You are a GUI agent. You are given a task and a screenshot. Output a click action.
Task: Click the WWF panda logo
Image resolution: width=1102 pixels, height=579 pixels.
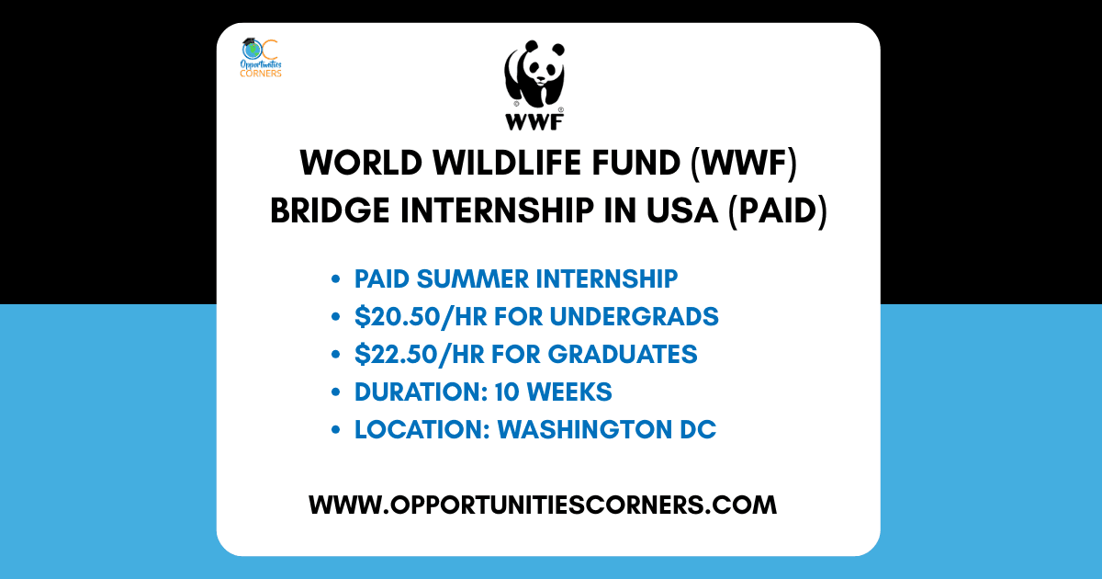click(534, 85)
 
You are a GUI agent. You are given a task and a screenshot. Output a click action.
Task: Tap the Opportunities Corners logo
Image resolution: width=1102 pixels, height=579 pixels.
click(261, 58)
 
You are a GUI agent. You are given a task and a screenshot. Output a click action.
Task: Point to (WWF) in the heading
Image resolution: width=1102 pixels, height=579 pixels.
click(743, 164)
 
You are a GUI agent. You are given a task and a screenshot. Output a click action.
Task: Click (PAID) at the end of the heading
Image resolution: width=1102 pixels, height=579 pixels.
click(778, 211)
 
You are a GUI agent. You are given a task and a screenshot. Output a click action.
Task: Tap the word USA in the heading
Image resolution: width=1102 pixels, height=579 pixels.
click(681, 210)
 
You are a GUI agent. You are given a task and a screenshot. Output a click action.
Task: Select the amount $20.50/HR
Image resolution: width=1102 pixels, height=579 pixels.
click(421, 316)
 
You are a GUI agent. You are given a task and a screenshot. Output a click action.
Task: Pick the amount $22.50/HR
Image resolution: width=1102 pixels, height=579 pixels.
click(420, 354)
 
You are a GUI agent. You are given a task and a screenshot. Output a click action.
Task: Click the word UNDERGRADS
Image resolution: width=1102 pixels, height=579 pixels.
click(635, 316)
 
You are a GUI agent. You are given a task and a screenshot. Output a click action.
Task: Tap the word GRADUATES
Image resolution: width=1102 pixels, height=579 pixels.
click(623, 354)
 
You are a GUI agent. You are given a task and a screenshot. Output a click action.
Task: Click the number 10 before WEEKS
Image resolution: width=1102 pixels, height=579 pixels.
click(507, 392)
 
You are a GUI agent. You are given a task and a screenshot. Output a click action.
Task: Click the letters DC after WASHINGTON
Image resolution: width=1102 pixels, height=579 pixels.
click(698, 429)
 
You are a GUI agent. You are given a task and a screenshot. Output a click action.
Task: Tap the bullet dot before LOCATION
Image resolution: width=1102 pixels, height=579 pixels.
click(336, 430)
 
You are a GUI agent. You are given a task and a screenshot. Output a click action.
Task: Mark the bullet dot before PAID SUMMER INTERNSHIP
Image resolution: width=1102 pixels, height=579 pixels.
click(336, 279)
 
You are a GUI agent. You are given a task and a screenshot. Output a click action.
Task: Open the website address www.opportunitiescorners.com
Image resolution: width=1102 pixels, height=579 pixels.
click(543, 505)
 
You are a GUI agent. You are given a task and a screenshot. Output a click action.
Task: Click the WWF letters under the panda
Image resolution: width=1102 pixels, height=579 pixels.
click(534, 122)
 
